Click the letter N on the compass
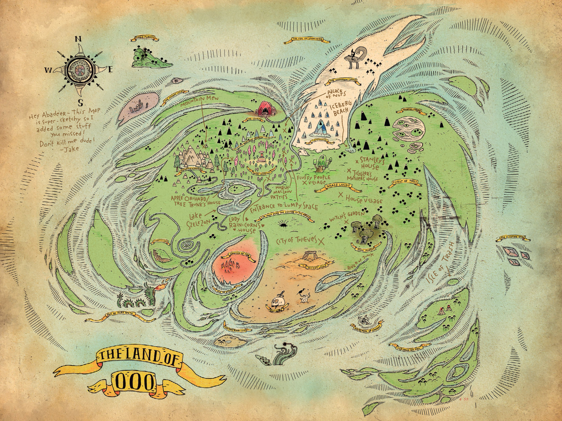tap(78, 39)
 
